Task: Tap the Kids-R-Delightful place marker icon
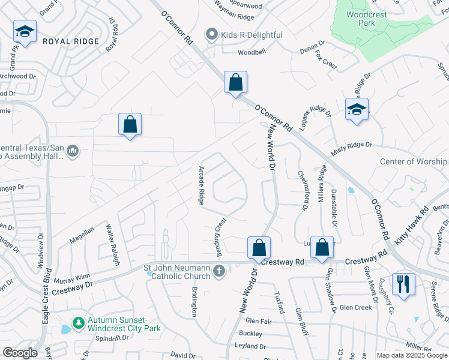pos(211,35)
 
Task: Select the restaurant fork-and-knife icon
pos(403,284)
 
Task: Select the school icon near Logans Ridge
pos(357,109)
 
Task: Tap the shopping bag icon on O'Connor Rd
pos(236,82)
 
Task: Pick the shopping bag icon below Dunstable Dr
pos(322,247)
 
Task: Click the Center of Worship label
pos(414,161)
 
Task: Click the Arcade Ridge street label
pos(202,185)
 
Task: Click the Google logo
pos(20,353)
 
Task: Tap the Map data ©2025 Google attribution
pos(411,355)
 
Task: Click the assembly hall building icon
pos(73,151)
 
